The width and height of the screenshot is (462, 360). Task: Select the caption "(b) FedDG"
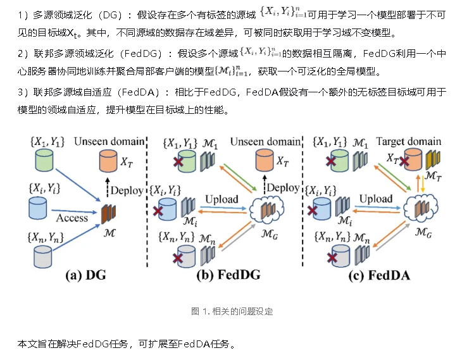tap(229, 275)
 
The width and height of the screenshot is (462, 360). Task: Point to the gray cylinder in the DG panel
tap(41, 257)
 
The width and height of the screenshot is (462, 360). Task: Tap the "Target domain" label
tap(403, 141)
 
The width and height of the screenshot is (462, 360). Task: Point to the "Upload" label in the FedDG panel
tap(220, 199)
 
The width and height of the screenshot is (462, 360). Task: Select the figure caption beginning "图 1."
tap(230, 311)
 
